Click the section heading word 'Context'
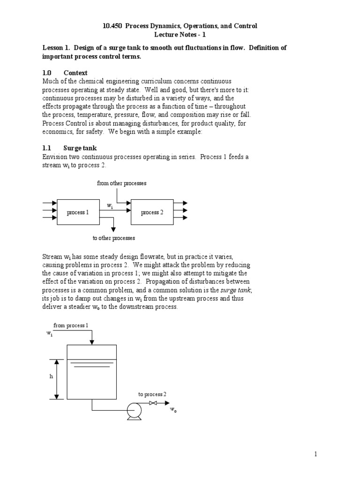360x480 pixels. (75, 73)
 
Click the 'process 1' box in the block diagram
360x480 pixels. (78, 212)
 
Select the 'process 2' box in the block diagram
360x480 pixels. (152, 212)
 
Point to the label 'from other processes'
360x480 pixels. (122, 183)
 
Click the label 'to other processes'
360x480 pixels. (114, 238)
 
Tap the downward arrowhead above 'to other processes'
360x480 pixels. (113, 229)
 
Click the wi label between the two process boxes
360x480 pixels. (110, 206)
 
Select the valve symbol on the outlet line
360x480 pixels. (153, 403)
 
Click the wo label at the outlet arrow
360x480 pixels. (173, 410)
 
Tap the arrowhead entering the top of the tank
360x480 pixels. (93, 341)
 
